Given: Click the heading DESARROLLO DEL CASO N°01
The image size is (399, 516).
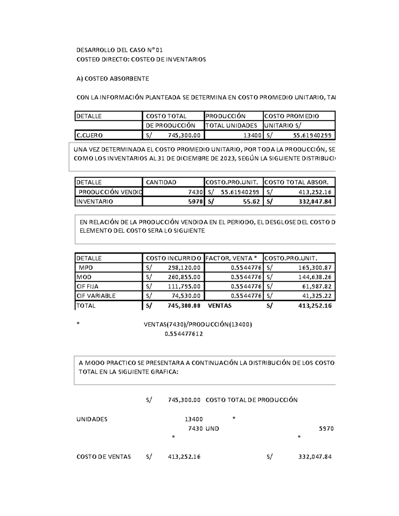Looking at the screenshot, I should pyautogui.click(x=119, y=50).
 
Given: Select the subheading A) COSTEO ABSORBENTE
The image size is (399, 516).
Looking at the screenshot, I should pyautogui.click(x=112, y=79).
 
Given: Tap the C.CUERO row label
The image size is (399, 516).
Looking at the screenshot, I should pyautogui.click(x=89, y=135).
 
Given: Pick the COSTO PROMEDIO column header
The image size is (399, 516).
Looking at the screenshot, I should pyautogui.click(x=291, y=116).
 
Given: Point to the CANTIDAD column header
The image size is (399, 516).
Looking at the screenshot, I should pyautogui.click(x=161, y=182).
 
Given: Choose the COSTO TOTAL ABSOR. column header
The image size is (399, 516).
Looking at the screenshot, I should pyautogui.click(x=296, y=182).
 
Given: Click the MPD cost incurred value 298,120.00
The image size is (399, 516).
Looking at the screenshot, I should pyautogui.click(x=184, y=267).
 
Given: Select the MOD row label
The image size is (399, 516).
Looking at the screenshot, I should pyautogui.click(x=84, y=277).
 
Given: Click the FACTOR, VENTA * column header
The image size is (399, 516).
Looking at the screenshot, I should pyautogui.click(x=231, y=258).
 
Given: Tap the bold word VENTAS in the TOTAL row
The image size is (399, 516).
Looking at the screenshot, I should pyautogui.click(x=219, y=306).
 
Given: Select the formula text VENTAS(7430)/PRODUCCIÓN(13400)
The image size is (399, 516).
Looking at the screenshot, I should pyautogui.click(x=198, y=324).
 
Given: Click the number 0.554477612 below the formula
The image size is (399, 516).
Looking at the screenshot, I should pyautogui.click(x=184, y=334).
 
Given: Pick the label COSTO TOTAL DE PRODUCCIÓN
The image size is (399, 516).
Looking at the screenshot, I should pyautogui.click(x=251, y=400).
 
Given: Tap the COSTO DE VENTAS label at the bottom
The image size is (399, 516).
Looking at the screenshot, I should pyautogui.click(x=103, y=457).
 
